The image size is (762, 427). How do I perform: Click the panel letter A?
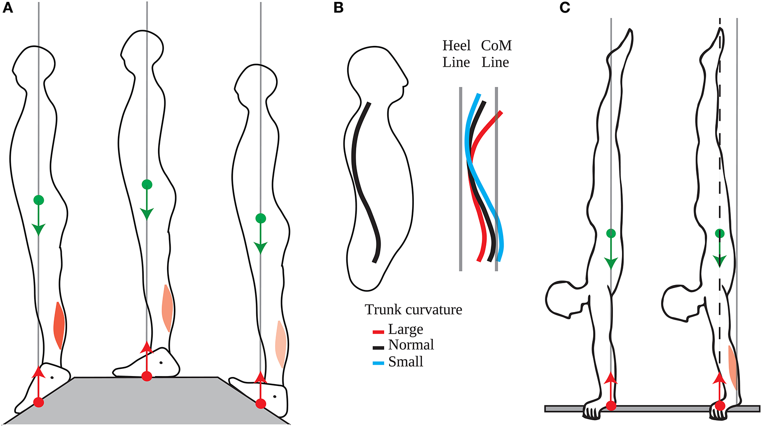pos(8,8)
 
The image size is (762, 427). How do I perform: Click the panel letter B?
pos(339,8)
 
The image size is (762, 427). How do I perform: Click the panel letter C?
pos(565,8)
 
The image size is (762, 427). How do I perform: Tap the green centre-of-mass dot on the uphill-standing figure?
pos(39,200)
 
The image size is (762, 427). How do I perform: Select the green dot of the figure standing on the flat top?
pos(147,184)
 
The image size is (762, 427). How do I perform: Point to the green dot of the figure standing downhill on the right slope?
pos(261,219)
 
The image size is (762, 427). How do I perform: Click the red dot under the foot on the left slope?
pos(39,402)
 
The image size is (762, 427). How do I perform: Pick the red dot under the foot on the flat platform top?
pos(146,376)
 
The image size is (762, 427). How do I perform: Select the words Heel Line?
pos(456,54)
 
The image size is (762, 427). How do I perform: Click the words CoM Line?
pos(496,54)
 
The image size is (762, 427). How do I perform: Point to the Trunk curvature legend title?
pos(413,310)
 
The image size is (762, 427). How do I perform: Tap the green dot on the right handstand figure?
pos(720,234)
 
